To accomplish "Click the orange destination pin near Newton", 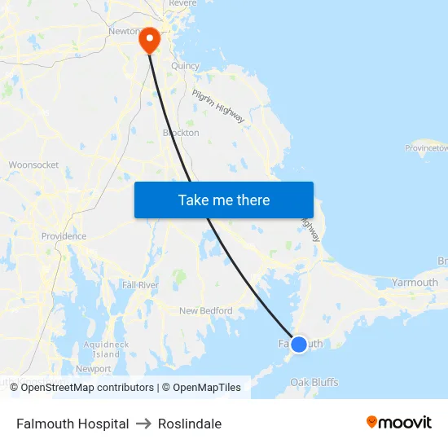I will pos(150,39).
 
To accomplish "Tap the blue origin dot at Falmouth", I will pos(299,345).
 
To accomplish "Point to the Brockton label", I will pos(181,133).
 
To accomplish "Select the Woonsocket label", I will pos(33,165).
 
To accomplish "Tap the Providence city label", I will pos(64,236).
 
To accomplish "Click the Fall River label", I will pos(140,285).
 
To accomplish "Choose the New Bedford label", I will pos(205,310).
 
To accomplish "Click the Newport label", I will pos(93,368).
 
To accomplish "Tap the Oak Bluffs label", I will pos(314,382).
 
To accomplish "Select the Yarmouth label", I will pos(415,283).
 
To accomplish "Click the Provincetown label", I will pos(427,148).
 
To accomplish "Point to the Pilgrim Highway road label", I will pos(218,106).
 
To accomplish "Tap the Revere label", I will pos(184,4).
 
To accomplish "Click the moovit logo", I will pos(398,422).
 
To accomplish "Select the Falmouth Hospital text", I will pos(72,424).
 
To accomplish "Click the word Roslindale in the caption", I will pos(190,424).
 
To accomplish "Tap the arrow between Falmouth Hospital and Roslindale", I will pos(143,424).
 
